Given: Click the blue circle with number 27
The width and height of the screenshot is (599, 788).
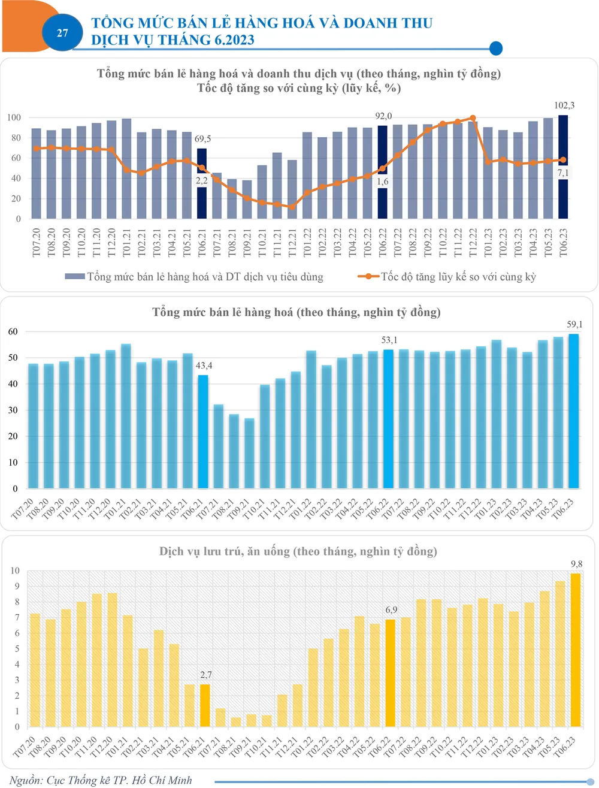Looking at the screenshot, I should [x=62, y=33].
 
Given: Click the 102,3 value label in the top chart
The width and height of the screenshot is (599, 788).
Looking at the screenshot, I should [x=564, y=105].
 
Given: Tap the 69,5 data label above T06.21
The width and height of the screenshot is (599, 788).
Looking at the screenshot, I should [x=203, y=138].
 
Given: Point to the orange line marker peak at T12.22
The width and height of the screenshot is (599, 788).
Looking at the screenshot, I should [x=473, y=118].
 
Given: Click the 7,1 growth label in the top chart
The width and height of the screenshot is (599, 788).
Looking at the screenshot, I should [x=563, y=173].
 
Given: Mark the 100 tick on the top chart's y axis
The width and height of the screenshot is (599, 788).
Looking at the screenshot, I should [x=14, y=117].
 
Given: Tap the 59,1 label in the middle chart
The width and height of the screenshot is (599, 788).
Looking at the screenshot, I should [x=574, y=324].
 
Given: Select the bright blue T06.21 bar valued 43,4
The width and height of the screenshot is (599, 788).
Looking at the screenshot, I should [x=203, y=431].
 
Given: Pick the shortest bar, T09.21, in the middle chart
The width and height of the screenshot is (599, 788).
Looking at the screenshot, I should [x=249, y=453].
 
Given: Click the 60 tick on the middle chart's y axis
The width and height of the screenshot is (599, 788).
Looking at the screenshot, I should [x=13, y=331].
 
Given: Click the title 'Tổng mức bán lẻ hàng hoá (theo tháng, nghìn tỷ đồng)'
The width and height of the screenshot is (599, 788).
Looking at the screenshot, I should [x=297, y=312].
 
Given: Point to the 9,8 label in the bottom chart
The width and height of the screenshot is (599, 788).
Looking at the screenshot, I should [x=576, y=564].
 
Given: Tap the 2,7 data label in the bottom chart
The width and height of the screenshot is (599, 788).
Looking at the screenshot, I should [x=205, y=675].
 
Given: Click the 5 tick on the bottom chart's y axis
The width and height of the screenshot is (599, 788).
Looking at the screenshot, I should [x=17, y=649].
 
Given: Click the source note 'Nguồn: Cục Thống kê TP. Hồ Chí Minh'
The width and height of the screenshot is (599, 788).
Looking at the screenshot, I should [x=101, y=780].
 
